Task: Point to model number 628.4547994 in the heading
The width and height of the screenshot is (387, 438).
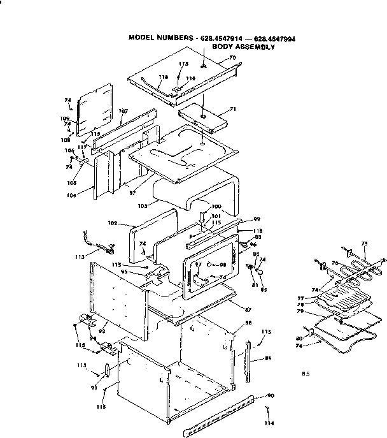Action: tap(274, 38)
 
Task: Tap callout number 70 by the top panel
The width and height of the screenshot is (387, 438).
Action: tap(232, 58)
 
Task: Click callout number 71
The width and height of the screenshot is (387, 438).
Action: tap(233, 109)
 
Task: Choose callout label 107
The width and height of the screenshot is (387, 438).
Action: tap(123, 110)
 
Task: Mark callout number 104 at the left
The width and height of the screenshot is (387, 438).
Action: tap(72, 196)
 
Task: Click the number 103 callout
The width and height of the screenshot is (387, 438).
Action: tap(143, 206)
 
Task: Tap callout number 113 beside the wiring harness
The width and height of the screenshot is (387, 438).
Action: tap(79, 258)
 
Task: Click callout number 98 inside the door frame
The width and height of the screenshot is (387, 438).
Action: tap(223, 265)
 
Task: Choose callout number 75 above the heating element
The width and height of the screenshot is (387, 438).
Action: tap(364, 244)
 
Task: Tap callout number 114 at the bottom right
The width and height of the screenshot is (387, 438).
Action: tap(270, 425)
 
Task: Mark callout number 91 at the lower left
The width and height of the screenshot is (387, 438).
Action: tap(93, 388)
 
